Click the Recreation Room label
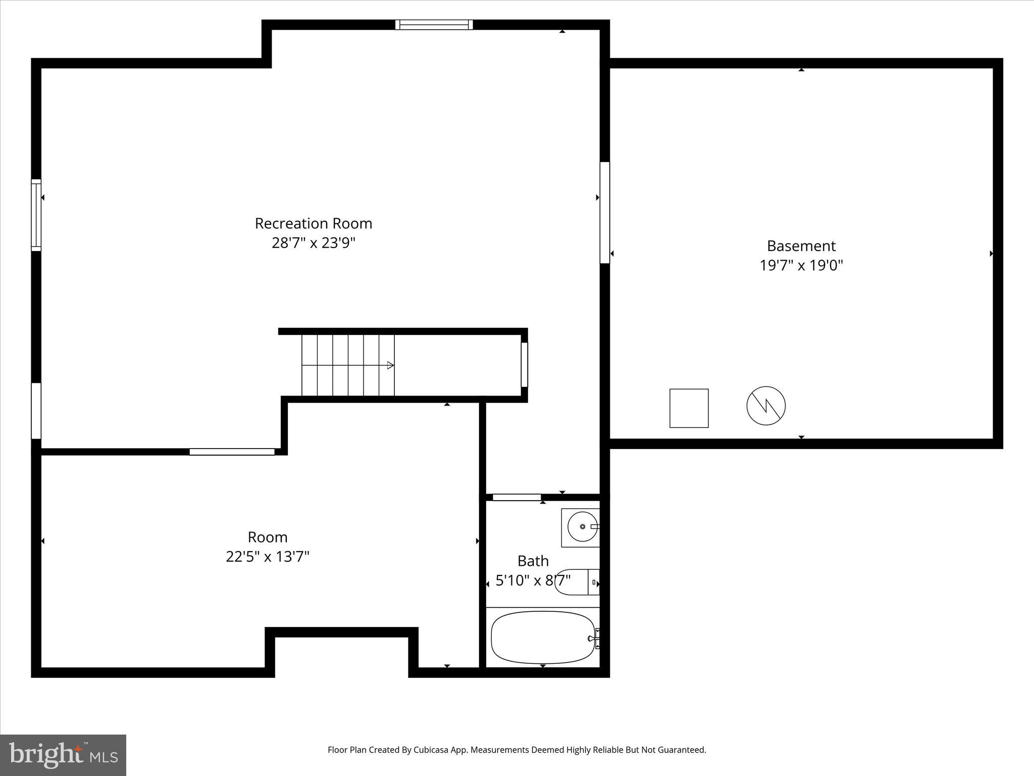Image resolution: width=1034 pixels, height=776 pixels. (x=313, y=223)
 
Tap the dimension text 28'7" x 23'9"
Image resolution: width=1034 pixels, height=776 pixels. (x=313, y=243)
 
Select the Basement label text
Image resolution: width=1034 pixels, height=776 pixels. (x=801, y=246)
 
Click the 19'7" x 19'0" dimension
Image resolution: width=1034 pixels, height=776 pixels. (x=801, y=265)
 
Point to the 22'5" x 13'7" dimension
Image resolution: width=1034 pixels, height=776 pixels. (x=267, y=557)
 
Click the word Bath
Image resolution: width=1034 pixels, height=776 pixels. (x=533, y=561)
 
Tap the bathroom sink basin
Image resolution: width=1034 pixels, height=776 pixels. (x=582, y=527)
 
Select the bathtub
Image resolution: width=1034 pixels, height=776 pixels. (x=542, y=637)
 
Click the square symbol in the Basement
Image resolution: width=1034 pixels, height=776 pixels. (x=689, y=408)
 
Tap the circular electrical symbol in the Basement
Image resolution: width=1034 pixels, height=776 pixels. (x=766, y=406)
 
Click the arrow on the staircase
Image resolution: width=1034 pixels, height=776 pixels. (x=390, y=365)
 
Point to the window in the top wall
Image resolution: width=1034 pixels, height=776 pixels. (x=434, y=25)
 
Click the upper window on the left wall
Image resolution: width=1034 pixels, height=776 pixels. (x=36, y=215)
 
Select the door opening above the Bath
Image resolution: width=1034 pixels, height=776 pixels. (x=516, y=498)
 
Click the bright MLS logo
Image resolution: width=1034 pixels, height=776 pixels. (x=63, y=755)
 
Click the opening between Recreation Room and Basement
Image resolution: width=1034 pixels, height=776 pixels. (x=604, y=212)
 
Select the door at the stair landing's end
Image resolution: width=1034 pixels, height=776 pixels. (x=524, y=364)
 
